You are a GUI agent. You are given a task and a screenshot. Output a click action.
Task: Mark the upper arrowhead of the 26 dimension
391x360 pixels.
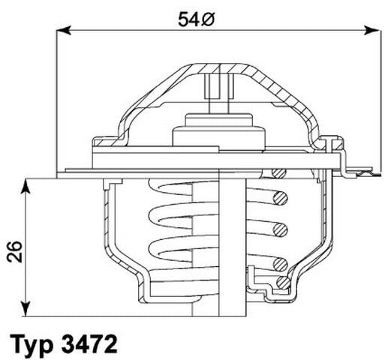26,183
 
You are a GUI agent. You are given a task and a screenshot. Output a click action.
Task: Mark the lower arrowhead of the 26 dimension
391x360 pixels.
26,309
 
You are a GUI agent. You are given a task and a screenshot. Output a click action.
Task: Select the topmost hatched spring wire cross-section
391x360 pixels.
280,175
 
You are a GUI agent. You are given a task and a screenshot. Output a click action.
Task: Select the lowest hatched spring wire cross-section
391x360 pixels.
281,282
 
